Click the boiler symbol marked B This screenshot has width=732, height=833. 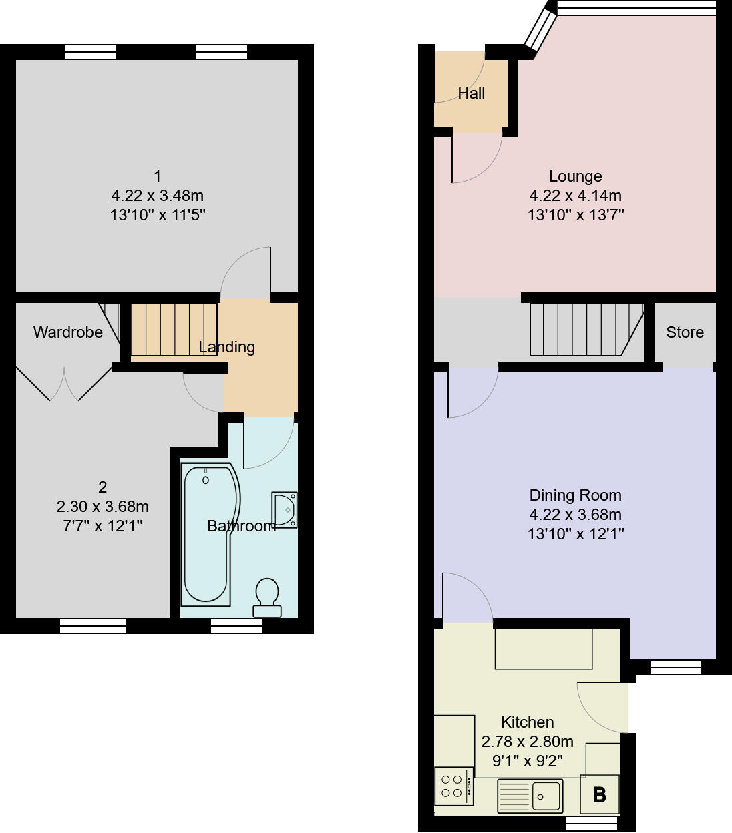click(599, 794)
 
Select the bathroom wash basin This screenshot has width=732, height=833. click(285, 510)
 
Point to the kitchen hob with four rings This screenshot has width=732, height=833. click(453, 786)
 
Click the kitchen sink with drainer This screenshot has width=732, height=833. click(530, 796)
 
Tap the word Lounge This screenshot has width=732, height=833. click(575, 176)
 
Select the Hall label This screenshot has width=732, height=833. click(471, 93)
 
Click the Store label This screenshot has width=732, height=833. click(685, 332)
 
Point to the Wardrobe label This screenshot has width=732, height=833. click(68, 332)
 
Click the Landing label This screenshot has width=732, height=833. click(227, 347)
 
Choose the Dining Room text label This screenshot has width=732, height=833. click(575, 495)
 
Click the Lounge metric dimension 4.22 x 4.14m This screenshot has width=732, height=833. click(575, 196)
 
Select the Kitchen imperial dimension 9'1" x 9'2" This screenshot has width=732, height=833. click(527, 760)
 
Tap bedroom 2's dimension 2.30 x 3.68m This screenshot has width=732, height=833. click(102, 507)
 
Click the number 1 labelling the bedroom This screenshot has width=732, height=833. click(158, 176)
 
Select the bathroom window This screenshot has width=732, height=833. click(236, 625)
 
